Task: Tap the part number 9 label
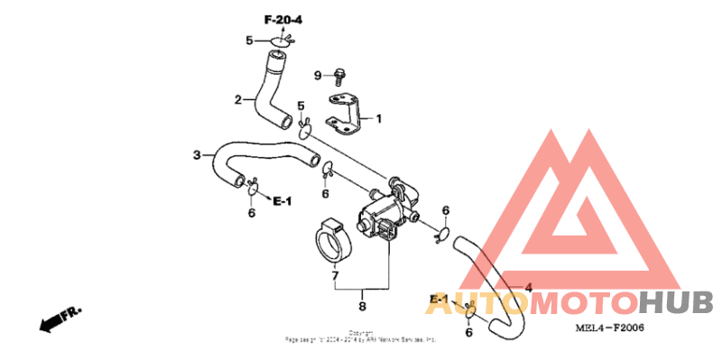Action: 318,75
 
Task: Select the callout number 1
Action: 379,118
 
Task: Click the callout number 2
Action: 239,99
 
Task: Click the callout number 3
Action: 197,155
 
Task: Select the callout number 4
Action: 528,287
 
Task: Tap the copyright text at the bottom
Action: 361,337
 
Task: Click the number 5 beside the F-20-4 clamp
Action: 250,40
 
